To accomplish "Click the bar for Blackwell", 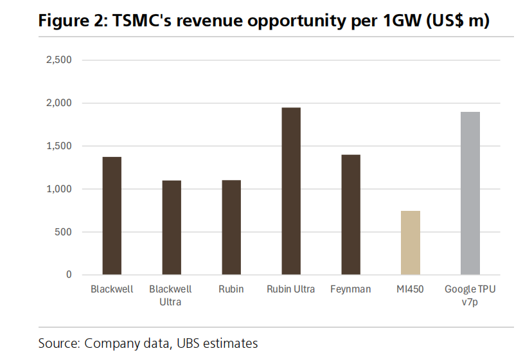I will pos(112,216).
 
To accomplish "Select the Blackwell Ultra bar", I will pos(172,228).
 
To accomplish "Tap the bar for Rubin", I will pos(231,228).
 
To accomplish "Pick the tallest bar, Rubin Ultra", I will pos(291,191).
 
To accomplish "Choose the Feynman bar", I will pos(351,215).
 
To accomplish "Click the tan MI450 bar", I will pos(411,243).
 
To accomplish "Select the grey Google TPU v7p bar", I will pos(470,194).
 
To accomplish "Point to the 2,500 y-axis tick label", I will pos(58,60).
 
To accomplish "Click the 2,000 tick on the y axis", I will pos(58,104).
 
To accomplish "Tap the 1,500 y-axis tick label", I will pos(58,147).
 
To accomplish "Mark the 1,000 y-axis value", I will pos(58,189).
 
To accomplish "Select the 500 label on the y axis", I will pos(63,232).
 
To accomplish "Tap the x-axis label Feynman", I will pos(351,289).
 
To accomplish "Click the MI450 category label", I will pos(411,289).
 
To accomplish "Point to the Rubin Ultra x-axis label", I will pos(291,289).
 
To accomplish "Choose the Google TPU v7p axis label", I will pos(470,295).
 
